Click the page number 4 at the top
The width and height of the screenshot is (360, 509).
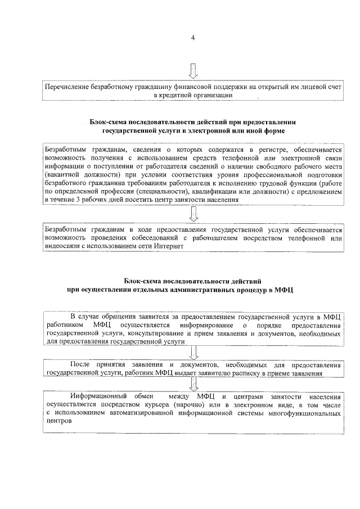pyautogui.click(x=193, y=38)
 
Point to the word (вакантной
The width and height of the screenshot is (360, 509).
pyautogui.click(x=62, y=174)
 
